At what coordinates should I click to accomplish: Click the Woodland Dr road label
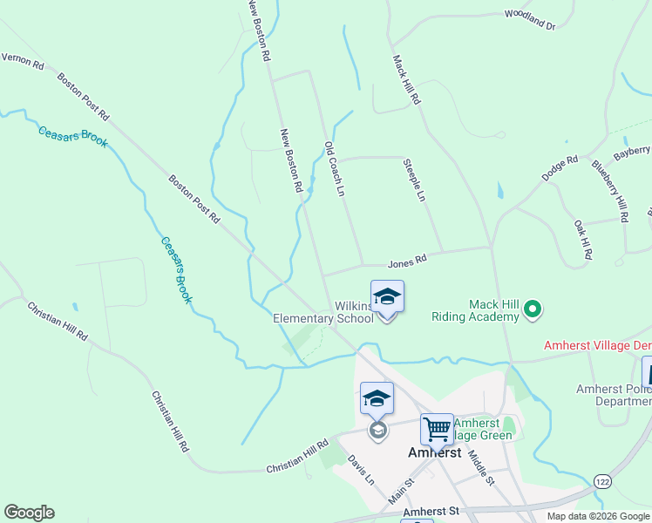pyautogui.click(x=529, y=20)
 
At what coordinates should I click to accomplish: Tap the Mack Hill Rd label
pyautogui.click(x=407, y=80)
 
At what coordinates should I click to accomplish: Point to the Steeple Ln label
pyautogui.click(x=414, y=180)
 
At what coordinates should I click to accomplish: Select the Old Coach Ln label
pyautogui.click(x=335, y=168)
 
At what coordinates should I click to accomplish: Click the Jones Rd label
pyautogui.click(x=407, y=260)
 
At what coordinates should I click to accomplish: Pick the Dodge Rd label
pyautogui.click(x=560, y=168)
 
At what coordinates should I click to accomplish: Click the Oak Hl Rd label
pyautogui.click(x=582, y=240)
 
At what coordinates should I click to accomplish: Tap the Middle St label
pyautogui.click(x=480, y=467)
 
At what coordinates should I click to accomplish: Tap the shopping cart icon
pyautogui.click(x=437, y=428)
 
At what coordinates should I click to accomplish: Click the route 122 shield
pyautogui.click(x=601, y=481)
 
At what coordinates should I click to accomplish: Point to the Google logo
pyautogui.click(x=29, y=513)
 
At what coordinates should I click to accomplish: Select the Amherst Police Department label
pyautogui.click(x=614, y=395)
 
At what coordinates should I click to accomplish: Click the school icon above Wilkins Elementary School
pyautogui.click(x=387, y=297)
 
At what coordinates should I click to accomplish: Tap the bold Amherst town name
pyautogui.click(x=435, y=453)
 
